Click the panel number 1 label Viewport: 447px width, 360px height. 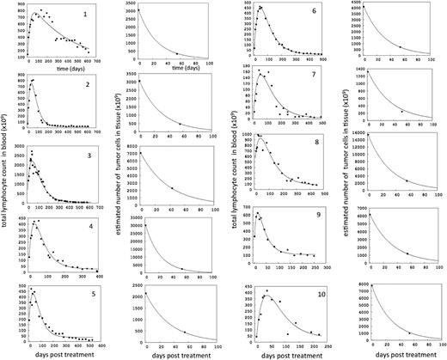107,15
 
